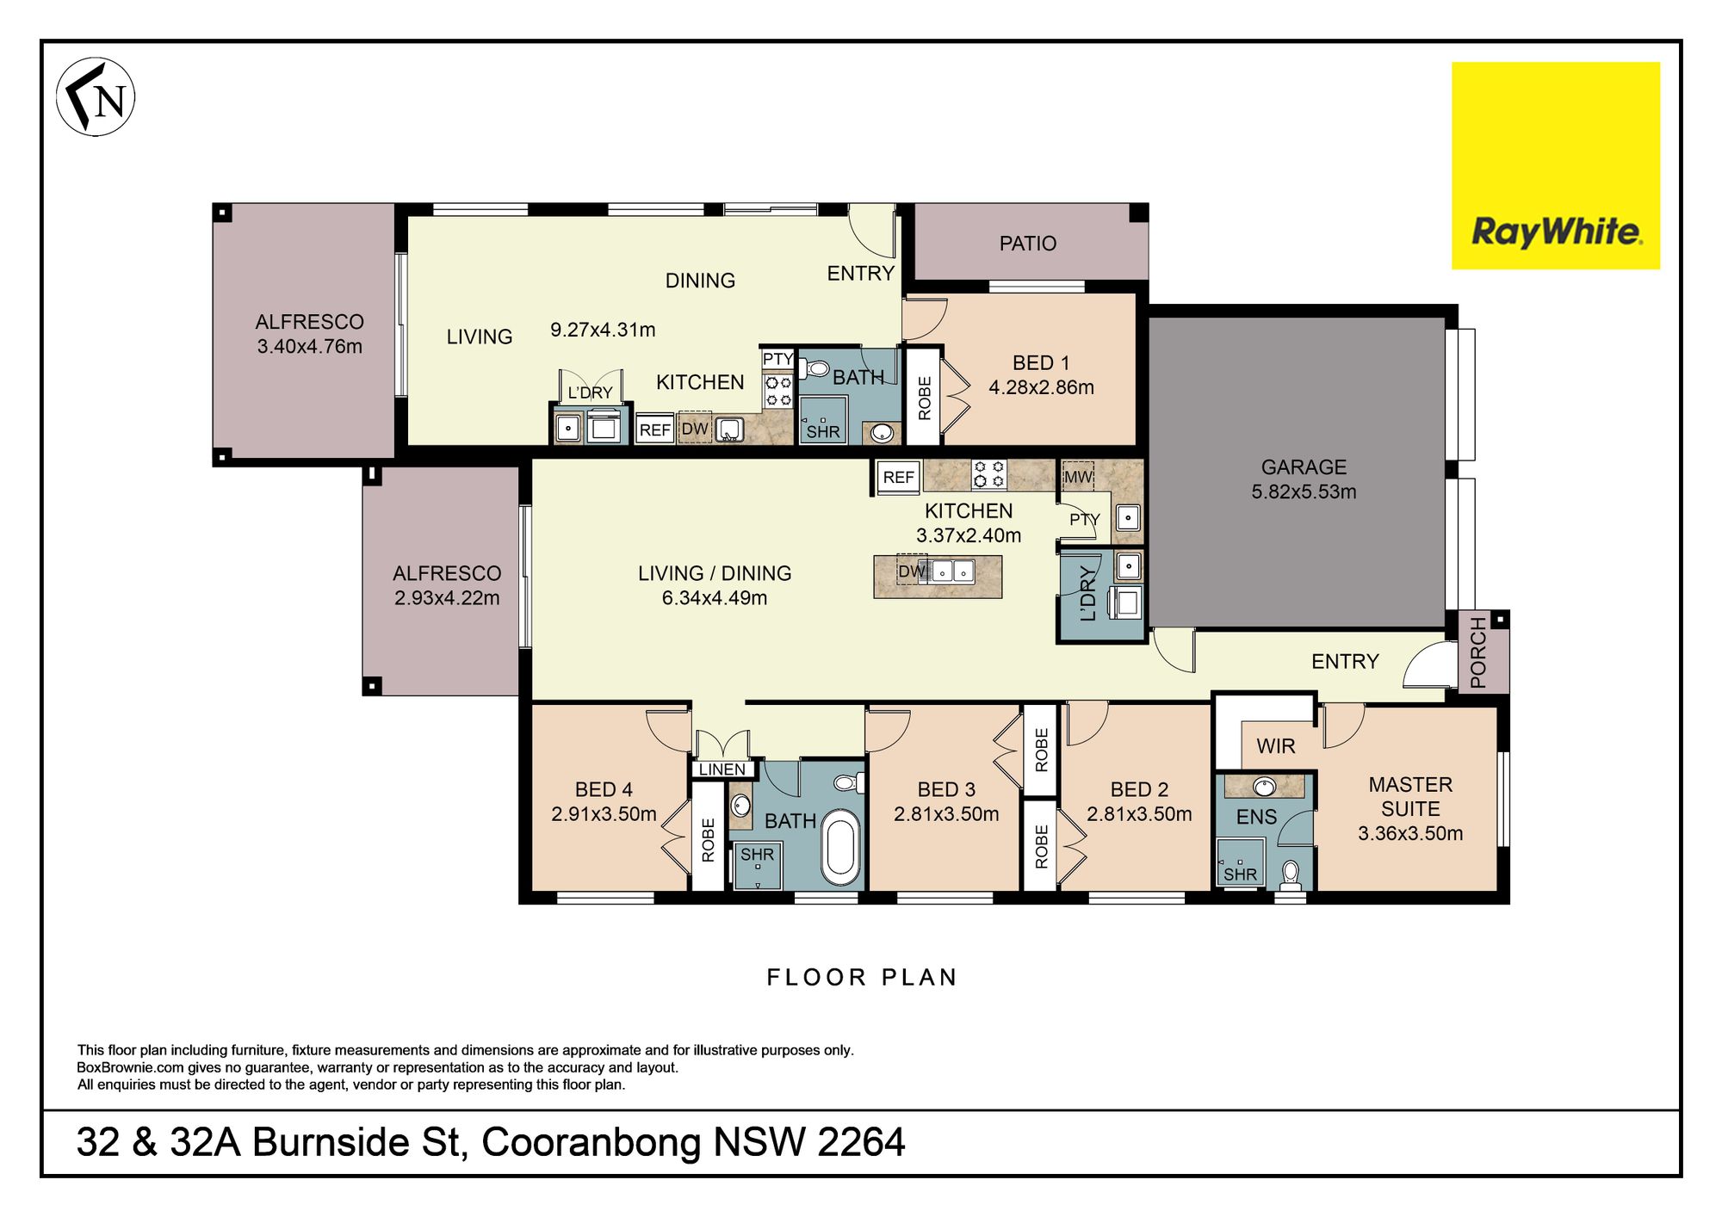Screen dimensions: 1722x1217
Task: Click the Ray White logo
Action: [1556, 165]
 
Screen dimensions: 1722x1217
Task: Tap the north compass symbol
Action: [96, 96]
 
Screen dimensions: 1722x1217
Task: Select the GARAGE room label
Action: [1304, 467]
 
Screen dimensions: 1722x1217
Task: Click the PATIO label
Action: [1027, 244]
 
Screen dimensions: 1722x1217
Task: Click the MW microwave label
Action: [1078, 477]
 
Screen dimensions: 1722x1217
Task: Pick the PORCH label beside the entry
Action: [1478, 652]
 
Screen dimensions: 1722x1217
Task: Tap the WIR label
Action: [1275, 746]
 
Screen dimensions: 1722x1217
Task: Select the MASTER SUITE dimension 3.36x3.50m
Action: [1410, 833]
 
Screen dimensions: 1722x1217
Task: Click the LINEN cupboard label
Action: [722, 769]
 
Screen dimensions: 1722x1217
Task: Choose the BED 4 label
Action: [604, 789]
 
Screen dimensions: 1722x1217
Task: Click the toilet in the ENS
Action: [1290, 875]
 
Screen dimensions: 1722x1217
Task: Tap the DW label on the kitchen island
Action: [911, 571]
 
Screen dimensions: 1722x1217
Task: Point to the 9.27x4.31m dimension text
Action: [603, 330]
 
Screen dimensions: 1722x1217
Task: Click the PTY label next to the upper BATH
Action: [777, 359]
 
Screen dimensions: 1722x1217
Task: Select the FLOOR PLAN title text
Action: [862, 978]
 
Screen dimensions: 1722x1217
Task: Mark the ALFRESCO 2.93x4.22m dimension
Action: [447, 598]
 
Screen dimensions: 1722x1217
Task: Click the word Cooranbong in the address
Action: [592, 1143]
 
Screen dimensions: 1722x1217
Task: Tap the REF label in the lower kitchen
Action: [898, 478]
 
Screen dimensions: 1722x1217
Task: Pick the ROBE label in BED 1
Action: [925, 398]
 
